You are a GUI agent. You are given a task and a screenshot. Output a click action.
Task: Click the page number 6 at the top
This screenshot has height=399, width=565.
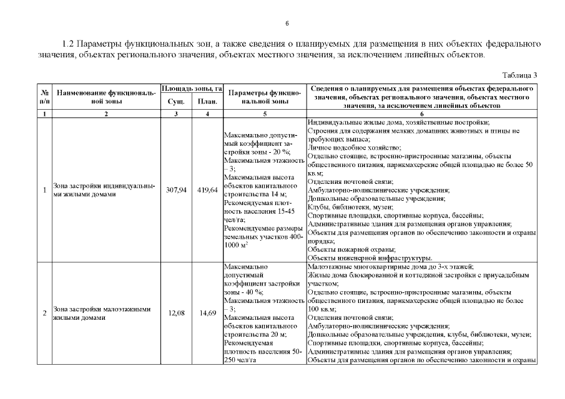pyautogui.click(x=286, y=23)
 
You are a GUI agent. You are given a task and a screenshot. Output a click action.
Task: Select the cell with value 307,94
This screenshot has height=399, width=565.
pyautogui.click(x=175, y=190)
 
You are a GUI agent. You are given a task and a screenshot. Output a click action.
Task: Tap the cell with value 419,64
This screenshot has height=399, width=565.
pyautogui.click(x=207, y=190)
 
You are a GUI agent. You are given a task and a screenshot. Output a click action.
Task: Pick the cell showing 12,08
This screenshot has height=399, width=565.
pyautogui.click(x=175, y=313)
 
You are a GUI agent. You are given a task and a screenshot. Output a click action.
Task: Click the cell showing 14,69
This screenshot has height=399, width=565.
pyautogui.click(x=207, y=313)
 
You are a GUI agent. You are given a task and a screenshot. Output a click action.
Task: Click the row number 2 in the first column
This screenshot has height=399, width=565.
pyautogui.click(x=44, y=313)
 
